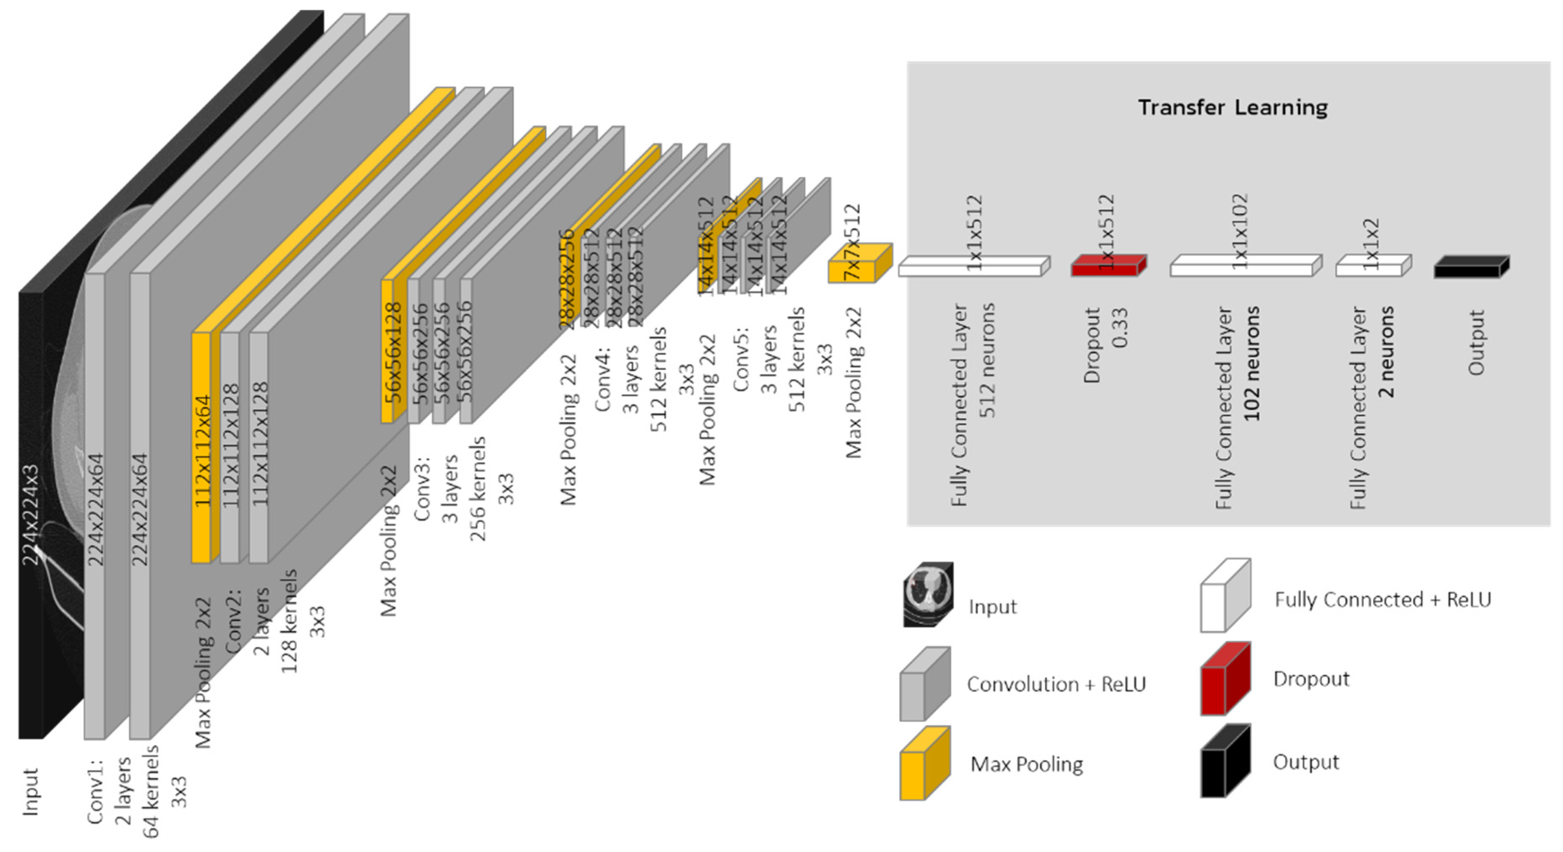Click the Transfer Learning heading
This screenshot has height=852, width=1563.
[1232, 107]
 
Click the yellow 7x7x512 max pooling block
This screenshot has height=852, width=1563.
[859, 264]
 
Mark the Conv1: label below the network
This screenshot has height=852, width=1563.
[95, 791]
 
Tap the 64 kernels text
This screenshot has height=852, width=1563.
[151, 791]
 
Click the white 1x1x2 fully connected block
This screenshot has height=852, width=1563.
[1373, 266]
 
